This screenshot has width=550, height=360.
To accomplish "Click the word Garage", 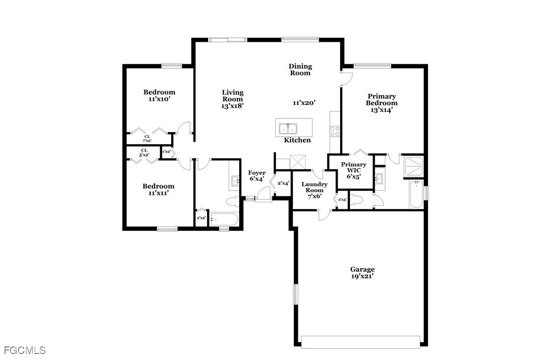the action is pyautogui.click(x=362, y=270).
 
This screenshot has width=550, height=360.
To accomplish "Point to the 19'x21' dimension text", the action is pyautogui.click(x=362, y=276).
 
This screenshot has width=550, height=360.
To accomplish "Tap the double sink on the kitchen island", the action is pyautogui.click(x=288, y=129).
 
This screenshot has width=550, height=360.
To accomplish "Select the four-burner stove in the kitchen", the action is pyautogui.click(x=335, y=132).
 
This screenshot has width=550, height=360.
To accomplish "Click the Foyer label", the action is pyautogui.click(x=257, y=172).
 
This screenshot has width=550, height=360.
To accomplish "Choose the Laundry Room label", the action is pyautogui.click(x=314, y=187).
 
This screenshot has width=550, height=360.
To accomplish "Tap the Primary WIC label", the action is pyautogui.click(x=354, y=167).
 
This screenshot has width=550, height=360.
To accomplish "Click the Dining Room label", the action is pyautogui.click(x=300, y=69).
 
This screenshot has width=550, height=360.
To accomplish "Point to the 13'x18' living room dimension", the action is pyautogui.click(x=233, y=105).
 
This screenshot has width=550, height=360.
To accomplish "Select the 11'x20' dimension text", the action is pyautogui.click(x=304, y=103).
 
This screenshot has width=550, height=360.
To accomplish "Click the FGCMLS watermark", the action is pyautogui.click(x=25, y=350).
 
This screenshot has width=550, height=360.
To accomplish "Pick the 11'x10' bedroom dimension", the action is pyautogui.click(x=159, y=99).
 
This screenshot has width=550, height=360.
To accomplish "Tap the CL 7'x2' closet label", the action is pyautogui.click(x=147, y=139).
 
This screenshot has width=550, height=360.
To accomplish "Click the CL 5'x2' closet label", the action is pyautogui.click(x=145, y=153).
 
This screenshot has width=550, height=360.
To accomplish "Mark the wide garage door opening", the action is pyautogui.click(x=361, y=342).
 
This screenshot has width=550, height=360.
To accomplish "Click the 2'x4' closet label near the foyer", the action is pyautogui.click(x=283, y=183).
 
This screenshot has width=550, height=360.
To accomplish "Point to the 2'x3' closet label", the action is pyautogui.click(x=343, y=200).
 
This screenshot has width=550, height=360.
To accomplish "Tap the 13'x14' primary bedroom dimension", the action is pyautogui.click(x=382, y=109).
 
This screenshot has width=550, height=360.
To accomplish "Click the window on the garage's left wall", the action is pyautogui.click(x=295, y=294).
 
